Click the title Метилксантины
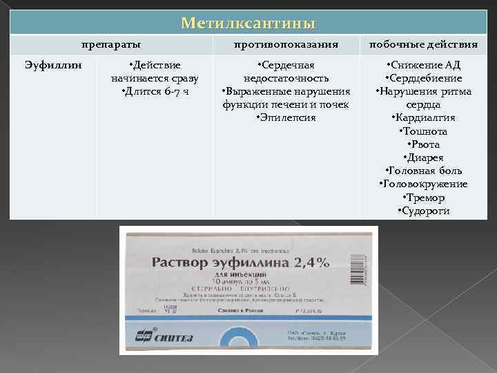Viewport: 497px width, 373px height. (x=248, y=23)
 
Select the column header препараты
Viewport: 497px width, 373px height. (x=111, y=45)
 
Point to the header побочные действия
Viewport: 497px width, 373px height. (x=423, y=45)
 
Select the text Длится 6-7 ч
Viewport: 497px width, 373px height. (x=155, y=91)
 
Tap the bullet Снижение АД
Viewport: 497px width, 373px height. (x=423, y=66)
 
